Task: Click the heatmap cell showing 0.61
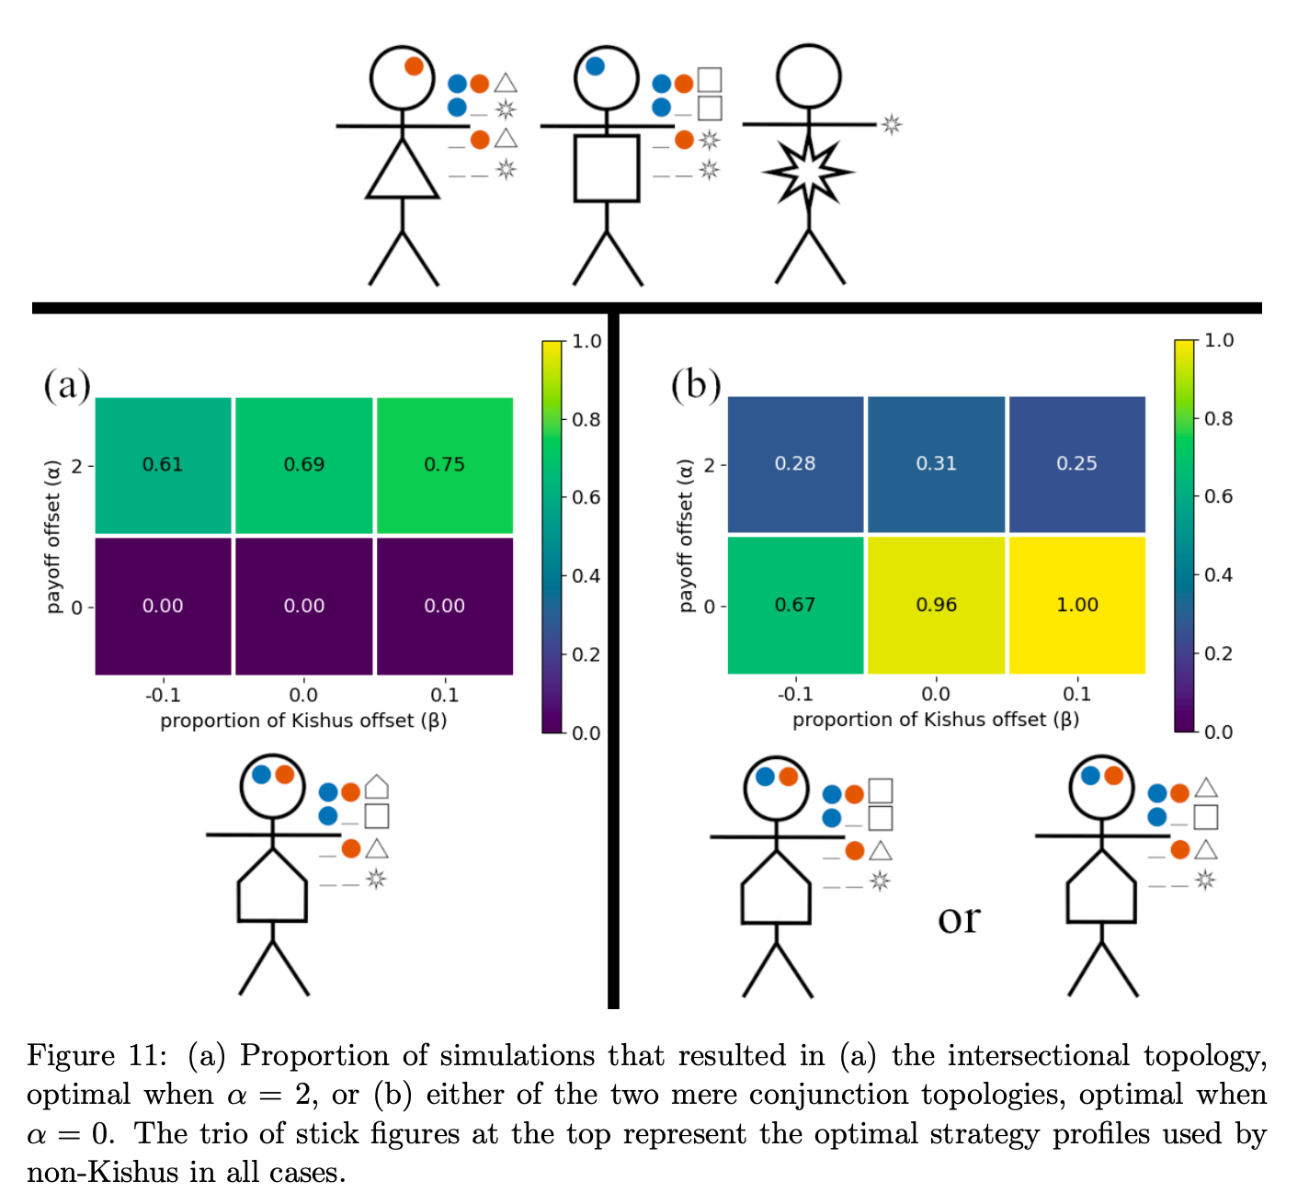[x=163, y=465]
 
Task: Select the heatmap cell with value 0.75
[x=445, y=465]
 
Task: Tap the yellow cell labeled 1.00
[x=1077, y=605]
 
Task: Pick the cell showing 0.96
[x=936, y=605]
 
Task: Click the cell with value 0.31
[x=936, y=464]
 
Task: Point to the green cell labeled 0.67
[x=795, y=605]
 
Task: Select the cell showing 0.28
[x=795, y=464]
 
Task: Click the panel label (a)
[x=66, y=385]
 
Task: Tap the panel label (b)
[x=696, y=384]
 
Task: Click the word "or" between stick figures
[x=959, y=917]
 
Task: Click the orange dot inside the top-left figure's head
[x=414, y=66]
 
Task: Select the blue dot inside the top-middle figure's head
[x=595, y=66]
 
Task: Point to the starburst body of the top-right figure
[x=808, y=171]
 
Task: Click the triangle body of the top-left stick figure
[x=403, y=173]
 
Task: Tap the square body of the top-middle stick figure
[x=607, y=168]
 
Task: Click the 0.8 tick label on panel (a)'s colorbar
[x=586, y=420]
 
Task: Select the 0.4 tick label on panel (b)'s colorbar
[x=1219, y=575]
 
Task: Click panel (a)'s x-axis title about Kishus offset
[x=303, y=721]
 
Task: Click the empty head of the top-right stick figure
[x=808, y=76]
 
